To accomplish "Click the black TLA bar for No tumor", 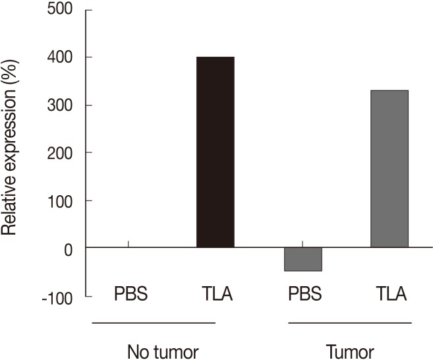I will point(216,152).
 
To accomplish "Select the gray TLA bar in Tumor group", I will point(389,169).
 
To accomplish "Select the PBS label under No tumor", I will point(129,293).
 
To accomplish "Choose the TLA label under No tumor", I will point(216,293).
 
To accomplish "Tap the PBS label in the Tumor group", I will point(303,293).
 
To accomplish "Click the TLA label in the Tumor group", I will point(390,293).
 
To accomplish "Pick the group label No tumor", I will point(154,349).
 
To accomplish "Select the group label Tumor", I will point(350,349).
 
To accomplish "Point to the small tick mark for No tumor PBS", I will point(128,245).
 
